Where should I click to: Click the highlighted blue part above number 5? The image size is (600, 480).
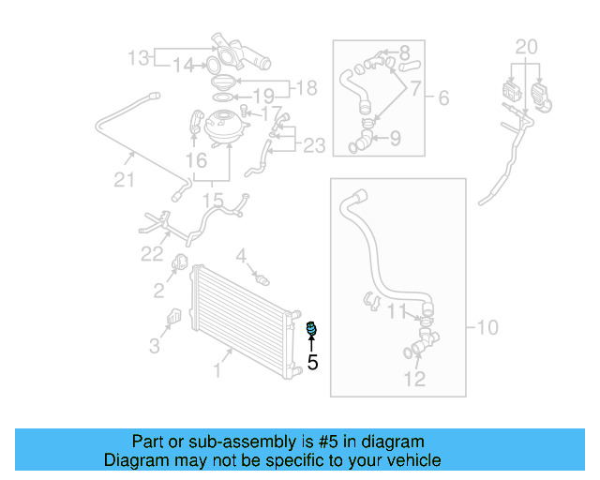pyautogui.click(x=312, y=328)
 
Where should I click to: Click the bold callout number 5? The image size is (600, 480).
pyautogui.click(x=313, y=361)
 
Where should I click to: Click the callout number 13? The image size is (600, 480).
pyautogui.click(x=139, y=59)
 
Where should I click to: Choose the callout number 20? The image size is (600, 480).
pyautogui.click(x=527, y=46)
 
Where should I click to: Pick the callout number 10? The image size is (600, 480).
pyautogui.click(x=487, y=328)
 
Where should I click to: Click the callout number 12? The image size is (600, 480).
pyautogui.click(x=414, y=379)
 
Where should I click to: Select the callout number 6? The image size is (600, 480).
pyautogui.click(x=443, y=97)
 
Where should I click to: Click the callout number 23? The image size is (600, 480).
pyautogui.click(x=314, y=145)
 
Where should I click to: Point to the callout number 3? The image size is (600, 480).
pyautogui.click(x=155, y=346)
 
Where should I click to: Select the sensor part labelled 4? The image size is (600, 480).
pyautogui.click(x=261, y=277)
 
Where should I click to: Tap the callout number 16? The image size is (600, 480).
pyautogui.click(x=195, y=161)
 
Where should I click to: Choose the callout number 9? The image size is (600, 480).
pyautogui.click(x=395, y=139)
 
